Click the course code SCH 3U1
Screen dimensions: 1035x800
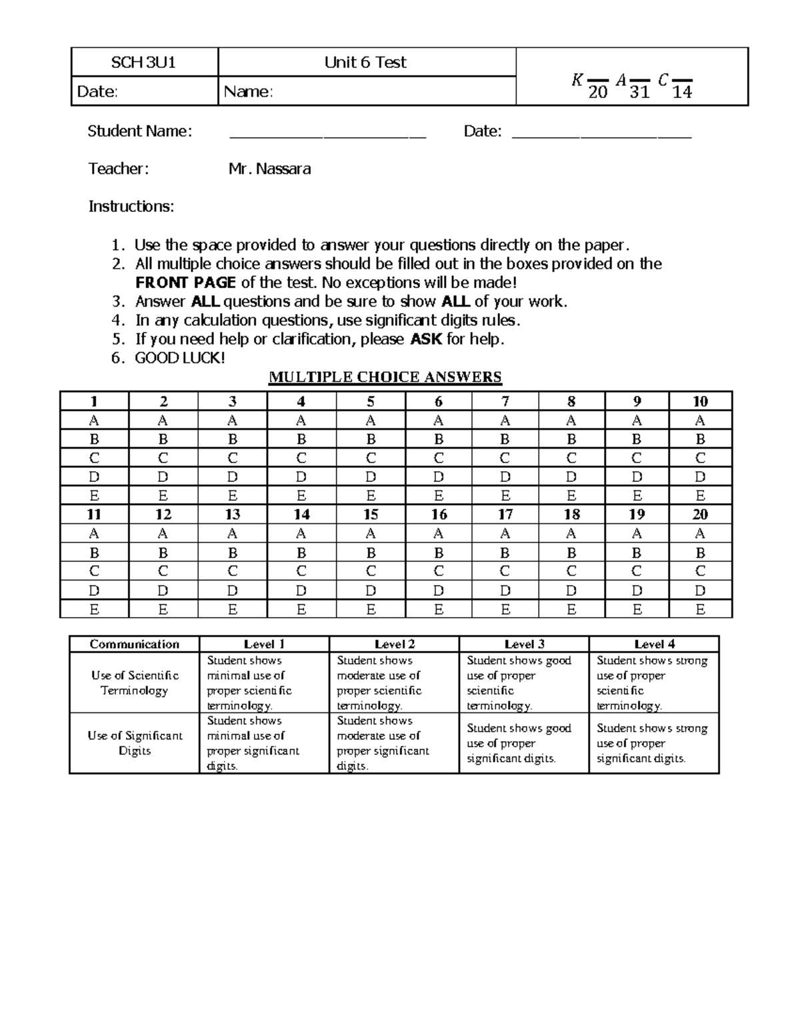pos(143,63)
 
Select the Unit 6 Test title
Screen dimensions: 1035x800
pos(365,63)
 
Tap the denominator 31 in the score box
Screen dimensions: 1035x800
pos(639,93)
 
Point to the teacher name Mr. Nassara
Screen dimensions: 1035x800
pos(269,169)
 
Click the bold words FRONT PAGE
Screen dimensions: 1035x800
pos(185,283)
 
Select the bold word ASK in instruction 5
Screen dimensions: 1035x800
pos(426,339)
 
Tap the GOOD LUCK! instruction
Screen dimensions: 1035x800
pos(180,358)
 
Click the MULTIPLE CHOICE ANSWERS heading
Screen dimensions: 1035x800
pos(385,377)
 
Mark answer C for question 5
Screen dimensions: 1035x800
pos(371,458)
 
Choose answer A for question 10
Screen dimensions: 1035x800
pos(700,421)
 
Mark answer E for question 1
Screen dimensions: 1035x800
pos(94,496)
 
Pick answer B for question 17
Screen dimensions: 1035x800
pos(505,552)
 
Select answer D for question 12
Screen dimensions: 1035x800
pos(163,590)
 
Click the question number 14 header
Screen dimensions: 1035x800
pos(301,515)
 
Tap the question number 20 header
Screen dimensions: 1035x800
pos(700,515)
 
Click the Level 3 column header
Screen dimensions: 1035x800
pos(524,644)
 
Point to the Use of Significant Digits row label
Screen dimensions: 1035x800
pos(135,743)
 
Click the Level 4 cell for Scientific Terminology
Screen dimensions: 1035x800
pos(653,682)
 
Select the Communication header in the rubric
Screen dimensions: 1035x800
pos(135,644)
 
